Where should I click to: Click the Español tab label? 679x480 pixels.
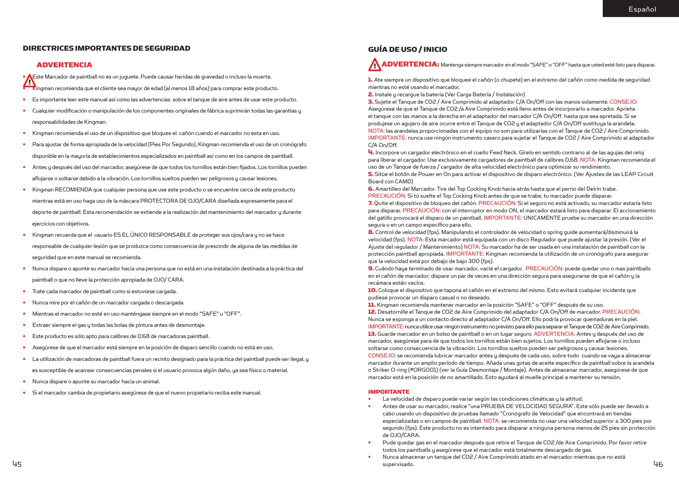642,9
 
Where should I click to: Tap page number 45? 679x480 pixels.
17,464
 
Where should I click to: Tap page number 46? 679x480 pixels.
658,464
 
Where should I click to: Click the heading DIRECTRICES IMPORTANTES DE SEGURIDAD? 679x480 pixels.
106,48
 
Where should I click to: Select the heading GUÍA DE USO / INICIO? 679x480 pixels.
407,50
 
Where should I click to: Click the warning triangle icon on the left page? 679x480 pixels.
29,81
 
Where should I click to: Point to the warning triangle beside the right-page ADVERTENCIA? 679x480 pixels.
374,65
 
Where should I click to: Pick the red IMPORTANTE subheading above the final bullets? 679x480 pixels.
388,392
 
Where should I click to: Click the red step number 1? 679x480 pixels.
370,80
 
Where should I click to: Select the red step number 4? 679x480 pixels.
370,152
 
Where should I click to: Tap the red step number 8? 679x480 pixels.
370,232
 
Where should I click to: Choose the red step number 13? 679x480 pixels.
372,334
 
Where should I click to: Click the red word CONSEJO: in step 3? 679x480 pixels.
623,102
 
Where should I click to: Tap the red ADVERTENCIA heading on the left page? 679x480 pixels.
64,65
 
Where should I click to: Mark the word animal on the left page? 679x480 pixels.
151,381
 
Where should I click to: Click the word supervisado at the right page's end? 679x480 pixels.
398,464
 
